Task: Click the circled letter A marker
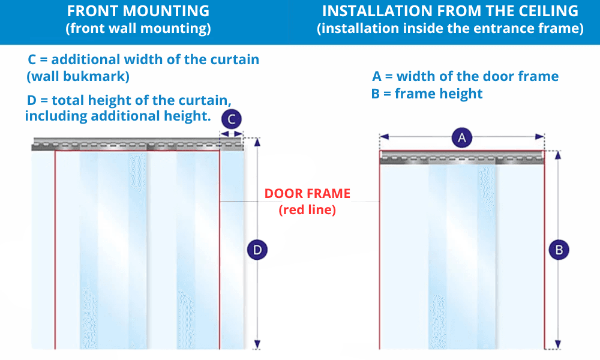[x=462, y=138]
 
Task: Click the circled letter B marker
[x=559, y=250]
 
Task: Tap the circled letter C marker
[x=231, y=119]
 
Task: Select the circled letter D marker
[x=257, y=250]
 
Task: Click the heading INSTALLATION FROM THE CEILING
[x=450, y=11]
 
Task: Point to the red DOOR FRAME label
[x=307, y=194]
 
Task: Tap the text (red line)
[x=307, y=210]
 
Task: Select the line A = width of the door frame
[x=466, y=76]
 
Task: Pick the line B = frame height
[x=427, y=94]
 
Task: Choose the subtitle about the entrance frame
[x=450, y=29]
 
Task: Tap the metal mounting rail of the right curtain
[x=462, y=159]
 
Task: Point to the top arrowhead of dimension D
[x=257, y=142]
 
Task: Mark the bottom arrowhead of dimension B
[x=559, y=345]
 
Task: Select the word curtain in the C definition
[x=235, y=59]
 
